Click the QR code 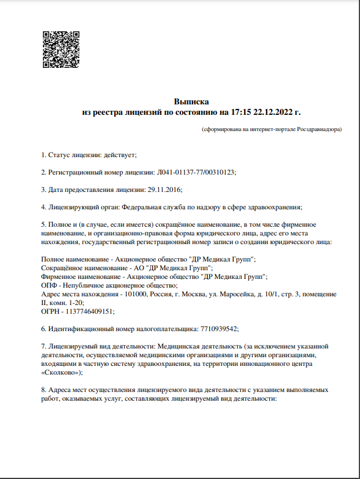tap(60, 49)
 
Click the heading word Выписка tap(191, 101)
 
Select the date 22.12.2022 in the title tap(275, 112)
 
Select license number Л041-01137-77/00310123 tap(196, 172)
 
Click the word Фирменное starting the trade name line tap(60, 277)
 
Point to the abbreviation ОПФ tap(50, 285)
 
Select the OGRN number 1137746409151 tap(90, 311)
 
